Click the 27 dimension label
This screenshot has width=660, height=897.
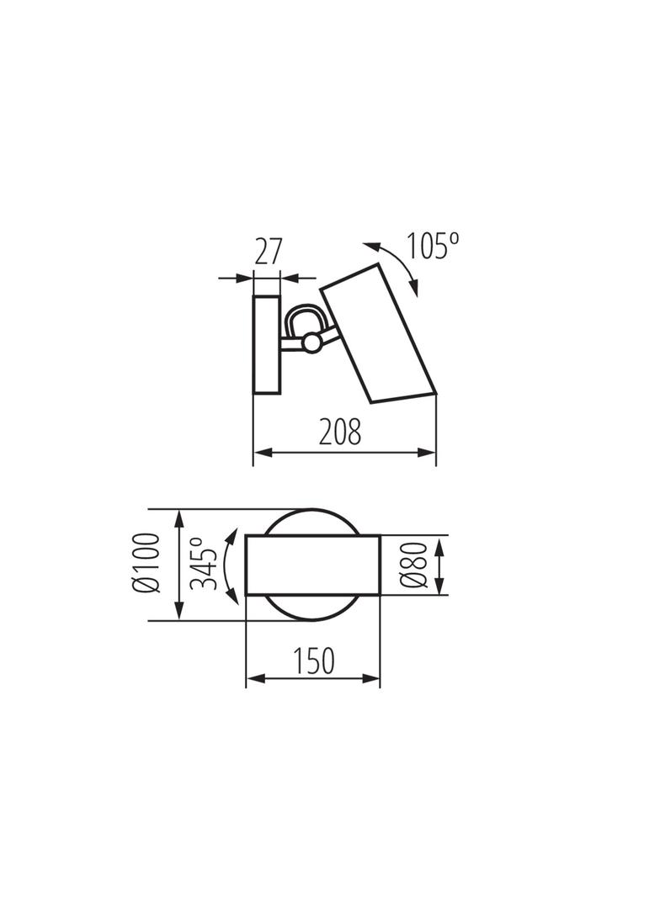[x=267, y=252]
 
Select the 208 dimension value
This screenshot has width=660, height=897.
[x=340, y=432]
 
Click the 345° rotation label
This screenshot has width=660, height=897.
[x=203, y=564]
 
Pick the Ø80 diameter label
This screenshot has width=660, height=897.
[x=414, y=565]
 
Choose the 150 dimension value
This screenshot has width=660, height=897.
[x=314, y=661]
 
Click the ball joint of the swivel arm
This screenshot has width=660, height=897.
[x=312, y=342]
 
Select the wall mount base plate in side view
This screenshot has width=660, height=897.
[x=267, y=345]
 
